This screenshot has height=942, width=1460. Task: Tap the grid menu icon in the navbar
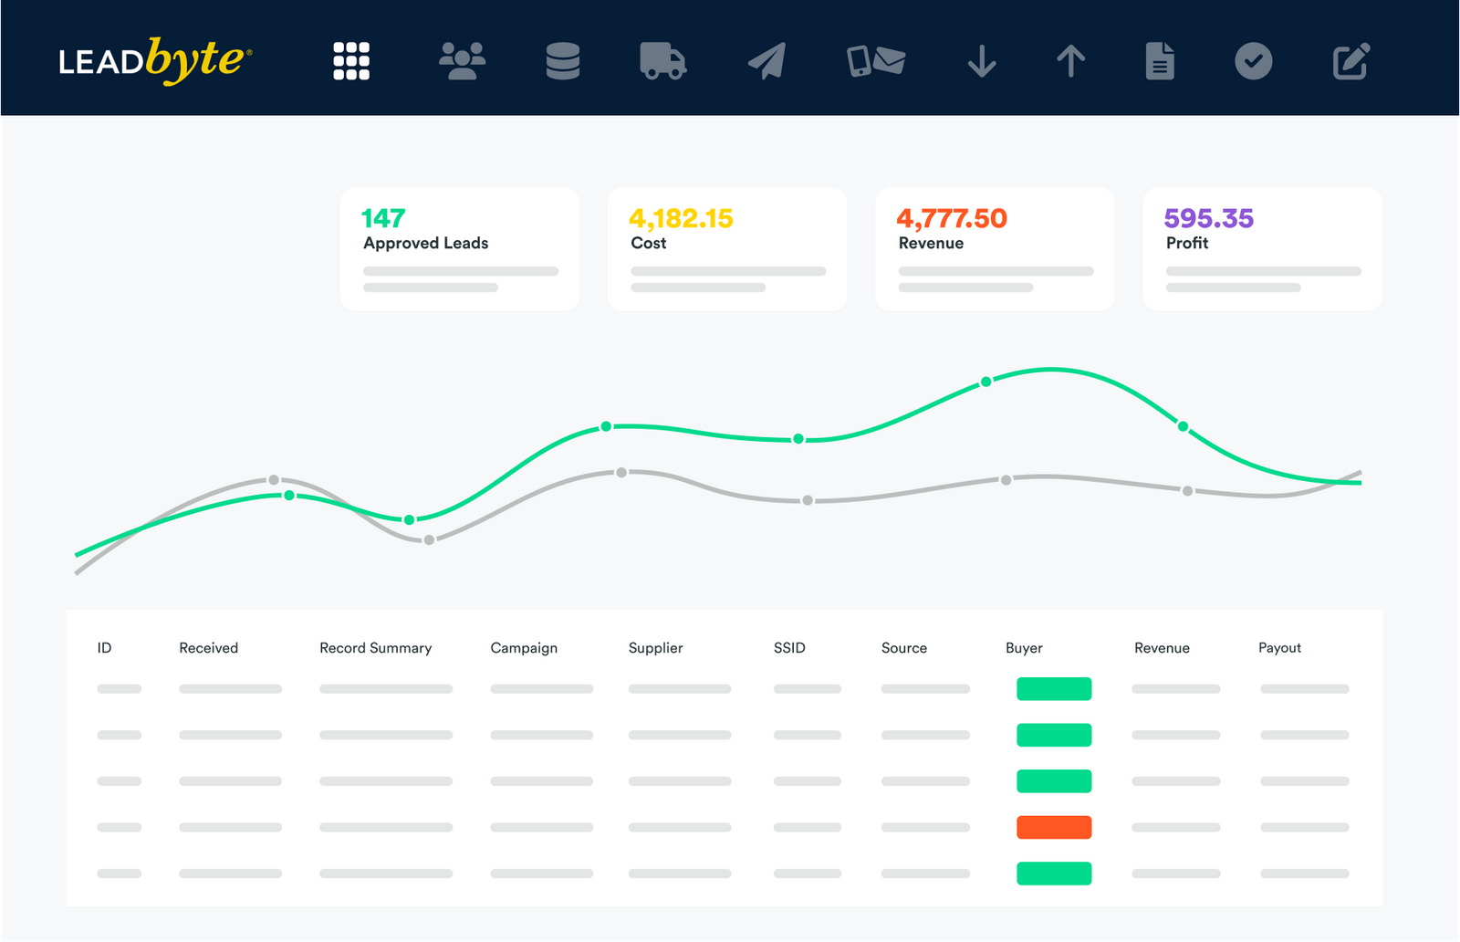[x=351, y=61]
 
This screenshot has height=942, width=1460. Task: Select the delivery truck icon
[x=662, y=61]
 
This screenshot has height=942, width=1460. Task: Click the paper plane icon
[x=767, y=61]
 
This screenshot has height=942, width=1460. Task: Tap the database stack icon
[x=562, y=61]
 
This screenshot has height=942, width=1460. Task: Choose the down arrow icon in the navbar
[x=982, y=61]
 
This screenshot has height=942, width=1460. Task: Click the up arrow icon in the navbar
[x=1070, y=61]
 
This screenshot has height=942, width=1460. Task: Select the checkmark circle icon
[x=1253, y=61]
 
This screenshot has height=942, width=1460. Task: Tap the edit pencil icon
[x=1350, y=61]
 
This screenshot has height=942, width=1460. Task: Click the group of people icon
[x=462, y=61]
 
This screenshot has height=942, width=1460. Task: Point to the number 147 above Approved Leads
[x=383, y=218]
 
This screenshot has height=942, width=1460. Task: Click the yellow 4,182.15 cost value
[x=681, y=218]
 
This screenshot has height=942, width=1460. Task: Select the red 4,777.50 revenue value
[x=952, y=218]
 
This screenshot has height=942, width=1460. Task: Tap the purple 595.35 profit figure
[x=1208, y=218]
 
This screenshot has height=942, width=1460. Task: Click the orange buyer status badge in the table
[x=1054, y=827]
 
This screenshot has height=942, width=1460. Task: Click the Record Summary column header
[x=375, y=648]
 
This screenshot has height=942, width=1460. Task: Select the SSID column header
[x=789, y=648]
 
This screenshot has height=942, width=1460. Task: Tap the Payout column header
[x=1279, y=648]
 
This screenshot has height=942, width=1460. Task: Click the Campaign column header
[x=524, y=648]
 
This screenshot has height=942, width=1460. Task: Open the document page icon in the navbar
[x=1160, y=61]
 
